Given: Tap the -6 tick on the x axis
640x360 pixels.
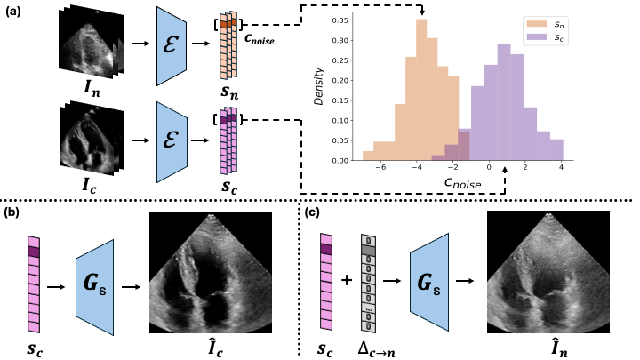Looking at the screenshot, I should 380,169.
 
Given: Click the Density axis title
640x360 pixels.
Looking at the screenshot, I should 319,88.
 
